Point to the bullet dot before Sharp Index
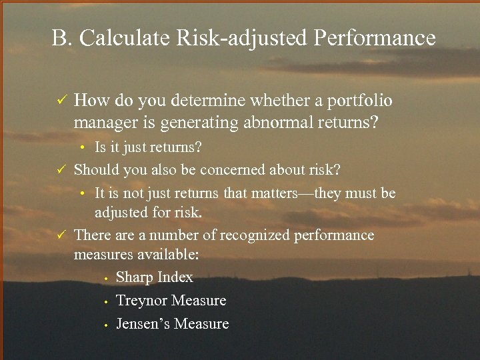point(105,278)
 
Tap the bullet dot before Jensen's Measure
point(105,325)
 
